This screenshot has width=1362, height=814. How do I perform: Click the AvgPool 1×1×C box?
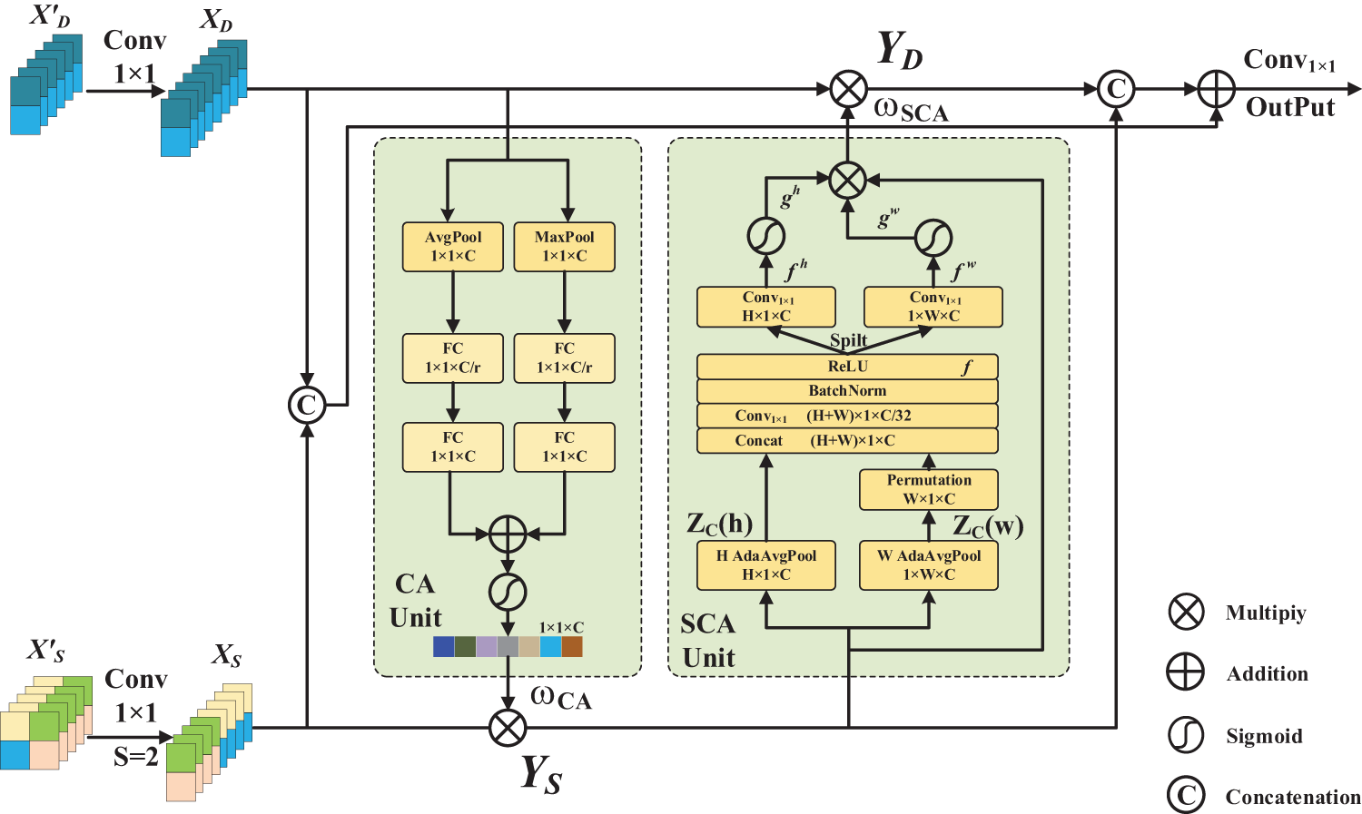click(452, 247)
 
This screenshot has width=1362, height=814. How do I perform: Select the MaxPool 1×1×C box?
click(564, 247)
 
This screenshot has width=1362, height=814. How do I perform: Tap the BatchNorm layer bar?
click(847, 391)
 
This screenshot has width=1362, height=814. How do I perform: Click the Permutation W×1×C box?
click(929, 489)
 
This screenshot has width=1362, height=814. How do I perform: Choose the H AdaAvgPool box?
click(766, 565)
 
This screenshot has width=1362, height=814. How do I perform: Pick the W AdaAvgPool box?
click(929, 565)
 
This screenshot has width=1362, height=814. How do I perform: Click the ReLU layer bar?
click(847, 367)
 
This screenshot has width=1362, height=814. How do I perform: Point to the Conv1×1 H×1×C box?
click(766, 307)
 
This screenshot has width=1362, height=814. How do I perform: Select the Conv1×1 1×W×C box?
click(933, 307)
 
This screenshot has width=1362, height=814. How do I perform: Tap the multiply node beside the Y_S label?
click(508, 727)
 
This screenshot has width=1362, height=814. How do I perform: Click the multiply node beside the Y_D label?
click(849, 89)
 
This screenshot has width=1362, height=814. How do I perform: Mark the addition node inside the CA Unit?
click(508, 534)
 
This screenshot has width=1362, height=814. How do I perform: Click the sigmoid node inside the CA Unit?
click(508, 593)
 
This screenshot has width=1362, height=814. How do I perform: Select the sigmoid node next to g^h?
click(766, 236)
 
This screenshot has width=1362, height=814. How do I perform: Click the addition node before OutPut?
click(1216, 89)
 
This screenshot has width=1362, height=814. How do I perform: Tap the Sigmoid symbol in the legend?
click(1186, 735)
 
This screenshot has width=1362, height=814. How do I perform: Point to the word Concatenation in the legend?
click(1293, 797)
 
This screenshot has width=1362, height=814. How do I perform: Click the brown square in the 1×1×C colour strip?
click(571, 646)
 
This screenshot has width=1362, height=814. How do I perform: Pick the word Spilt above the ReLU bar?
click(848, 340)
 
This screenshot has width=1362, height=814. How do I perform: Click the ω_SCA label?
click(911, 110)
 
